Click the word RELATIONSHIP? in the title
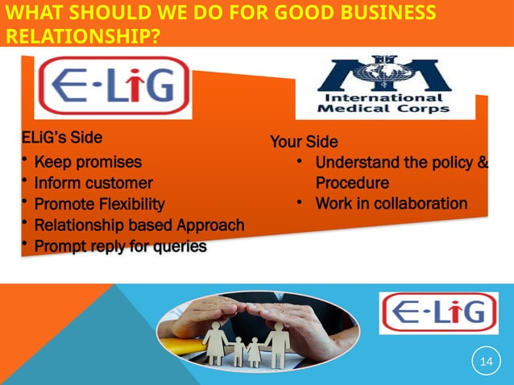81,36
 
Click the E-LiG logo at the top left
113,87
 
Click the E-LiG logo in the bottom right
438,313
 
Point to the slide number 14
485,362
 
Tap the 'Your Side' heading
304,143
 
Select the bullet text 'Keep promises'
88,162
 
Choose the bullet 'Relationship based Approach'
139,225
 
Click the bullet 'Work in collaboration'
391,203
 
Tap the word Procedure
352,183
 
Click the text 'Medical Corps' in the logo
383,109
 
